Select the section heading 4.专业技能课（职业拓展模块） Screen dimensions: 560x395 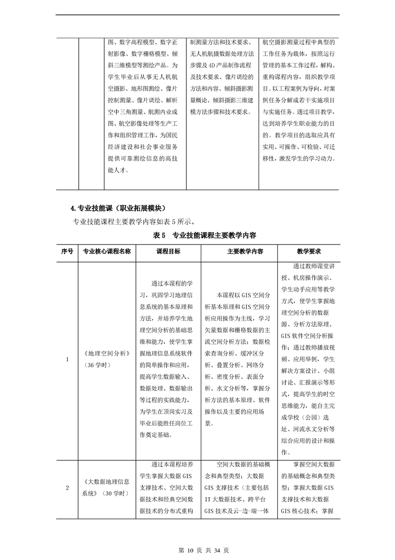118,208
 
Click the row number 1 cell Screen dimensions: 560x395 67,359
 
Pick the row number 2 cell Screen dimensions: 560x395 67,488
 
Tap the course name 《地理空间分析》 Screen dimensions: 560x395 108,353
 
